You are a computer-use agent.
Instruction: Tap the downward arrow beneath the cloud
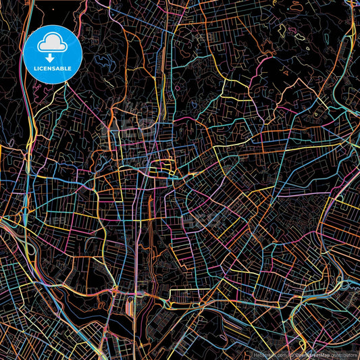click(52, 59)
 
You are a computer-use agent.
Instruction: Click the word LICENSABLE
click(52, 68)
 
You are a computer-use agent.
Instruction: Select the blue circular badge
click(53, 54)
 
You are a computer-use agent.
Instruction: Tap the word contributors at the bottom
click(343, 354)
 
